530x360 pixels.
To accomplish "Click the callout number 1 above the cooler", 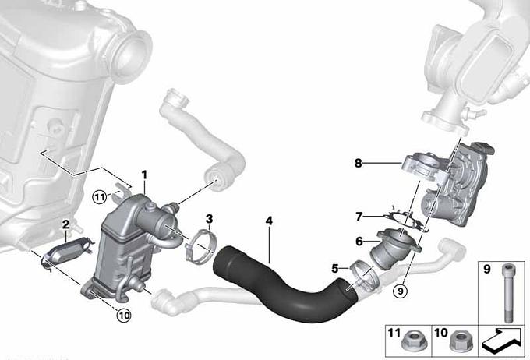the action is click(x=144, y=175).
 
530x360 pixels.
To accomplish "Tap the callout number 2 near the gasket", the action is click(x=66, y=224).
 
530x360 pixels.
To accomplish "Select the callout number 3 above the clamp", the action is click(x=209, y=219).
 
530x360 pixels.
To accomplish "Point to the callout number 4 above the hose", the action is click(x=269, y=221).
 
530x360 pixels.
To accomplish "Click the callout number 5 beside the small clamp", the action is click(x=334, y=269).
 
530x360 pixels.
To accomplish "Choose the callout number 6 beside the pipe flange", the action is click(x=359, y=242).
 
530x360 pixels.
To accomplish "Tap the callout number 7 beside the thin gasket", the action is click(x=359, y=216).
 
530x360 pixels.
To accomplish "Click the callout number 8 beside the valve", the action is click(x=359, y=164).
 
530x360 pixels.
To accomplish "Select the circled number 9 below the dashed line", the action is click(x=401, y=291).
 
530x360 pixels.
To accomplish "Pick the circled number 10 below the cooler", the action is click(x=124, y=316).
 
